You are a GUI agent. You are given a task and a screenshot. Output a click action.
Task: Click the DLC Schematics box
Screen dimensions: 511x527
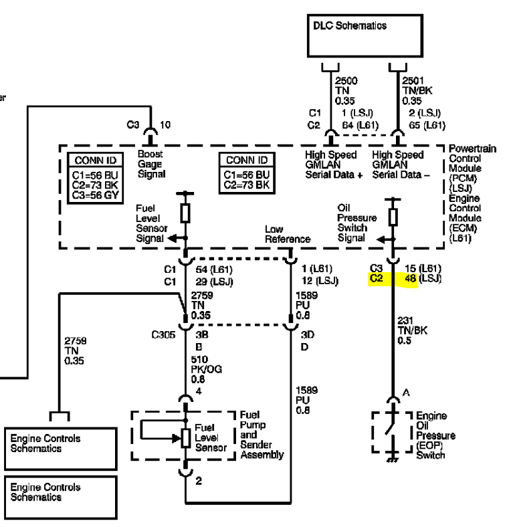(x=365, y=35)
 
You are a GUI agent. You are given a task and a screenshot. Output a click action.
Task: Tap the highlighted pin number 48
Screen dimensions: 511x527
(x=410, y=278)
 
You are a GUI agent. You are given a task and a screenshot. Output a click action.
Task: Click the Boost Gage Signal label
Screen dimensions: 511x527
(x=151, y=164)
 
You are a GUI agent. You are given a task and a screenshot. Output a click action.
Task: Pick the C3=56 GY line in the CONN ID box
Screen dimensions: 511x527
(x=96, y=195)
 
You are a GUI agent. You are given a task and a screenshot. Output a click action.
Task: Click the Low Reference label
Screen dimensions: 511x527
(x=288, y=234)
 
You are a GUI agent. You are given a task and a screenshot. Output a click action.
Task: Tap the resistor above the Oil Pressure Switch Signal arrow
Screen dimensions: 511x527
(x=393, y=217)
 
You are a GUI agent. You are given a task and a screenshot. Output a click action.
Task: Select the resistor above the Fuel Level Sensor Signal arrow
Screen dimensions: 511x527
(x=185, y=213)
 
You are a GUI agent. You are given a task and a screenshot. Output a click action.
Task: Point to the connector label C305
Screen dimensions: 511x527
(x=163, y=335)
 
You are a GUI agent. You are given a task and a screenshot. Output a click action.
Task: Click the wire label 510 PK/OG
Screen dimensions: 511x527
(x=206, y=369)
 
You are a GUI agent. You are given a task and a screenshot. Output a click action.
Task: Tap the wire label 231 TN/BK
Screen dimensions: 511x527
(x=412, y=330)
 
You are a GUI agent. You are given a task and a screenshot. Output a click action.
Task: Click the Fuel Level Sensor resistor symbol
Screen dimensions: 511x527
(x=185, y=438)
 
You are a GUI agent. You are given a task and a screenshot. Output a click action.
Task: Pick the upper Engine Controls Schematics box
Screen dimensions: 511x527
(x=60, y=448)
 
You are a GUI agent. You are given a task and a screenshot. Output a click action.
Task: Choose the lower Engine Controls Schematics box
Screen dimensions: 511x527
(x=60, y=497)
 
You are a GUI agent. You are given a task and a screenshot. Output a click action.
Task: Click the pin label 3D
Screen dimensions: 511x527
(x=308, y=335)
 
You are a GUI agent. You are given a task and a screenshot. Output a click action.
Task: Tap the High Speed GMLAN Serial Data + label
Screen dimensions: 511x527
(x=334, y=165)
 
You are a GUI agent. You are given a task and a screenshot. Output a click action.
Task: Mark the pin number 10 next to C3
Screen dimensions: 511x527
(x=165, y=125)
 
